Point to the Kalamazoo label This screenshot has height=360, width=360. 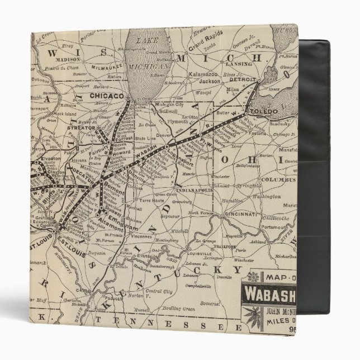(x=201, y=74)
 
